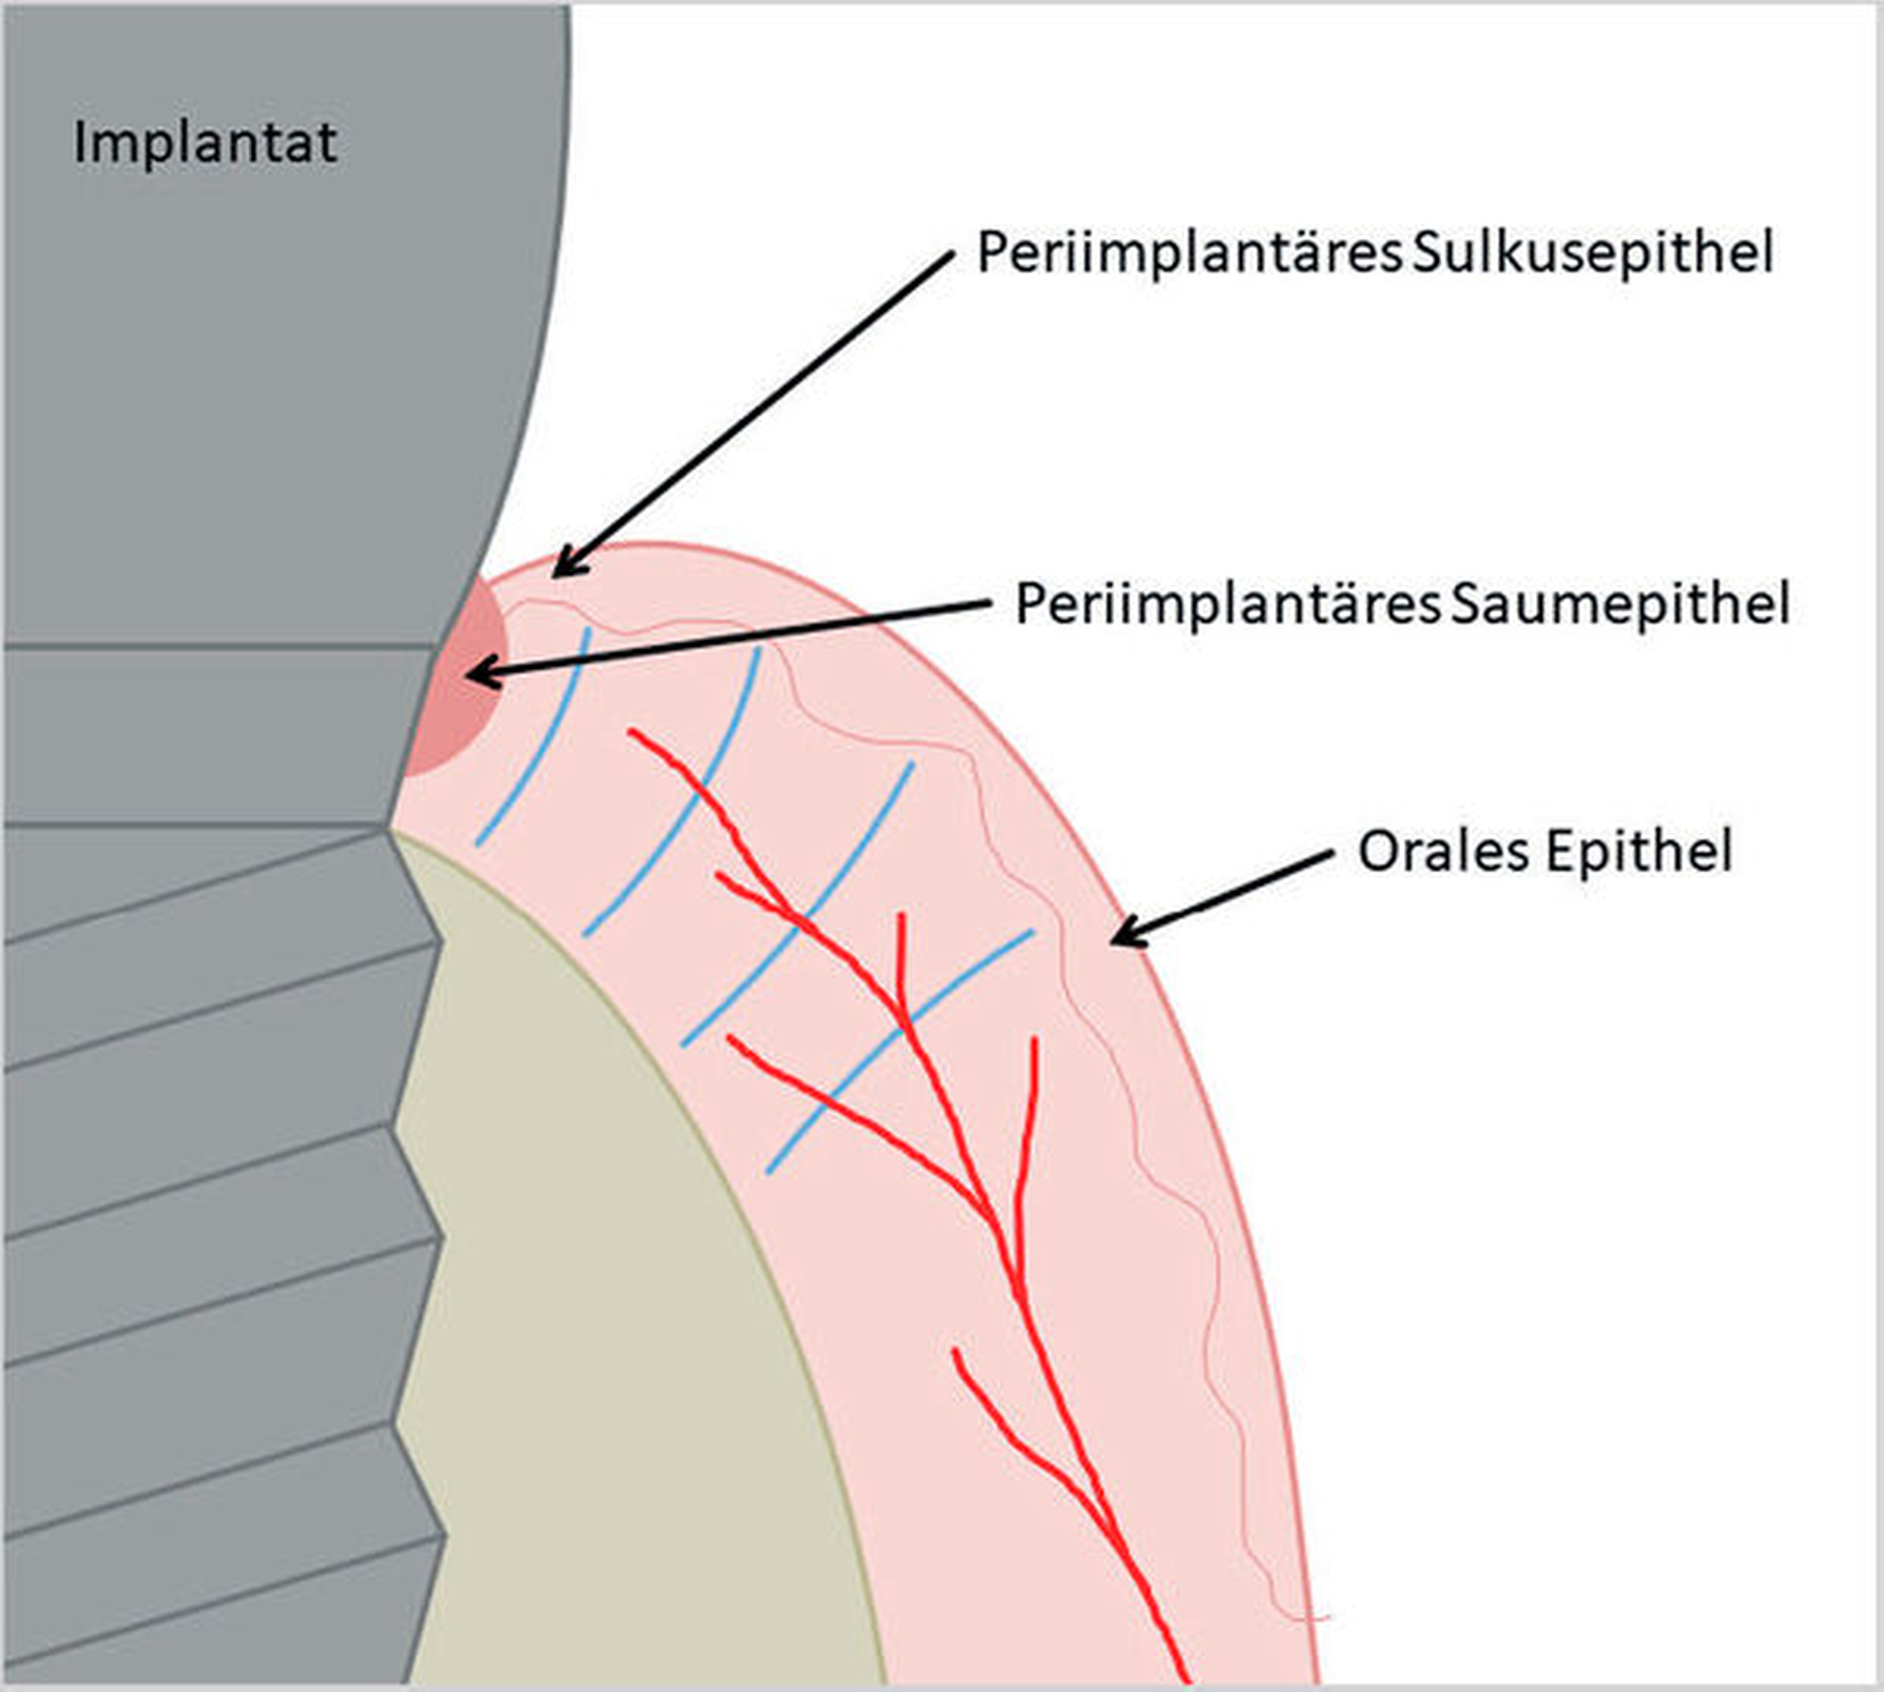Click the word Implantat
(x=205, y=144)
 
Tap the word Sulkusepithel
(x=1592, y=254)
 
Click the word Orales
(x=1443, y=851)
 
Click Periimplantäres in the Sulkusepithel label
(x=1189, y=254)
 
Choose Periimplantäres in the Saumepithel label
(x=1228, y=604)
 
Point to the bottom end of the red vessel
(x=1182, y=1680)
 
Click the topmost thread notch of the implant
(x=392, y=828)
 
